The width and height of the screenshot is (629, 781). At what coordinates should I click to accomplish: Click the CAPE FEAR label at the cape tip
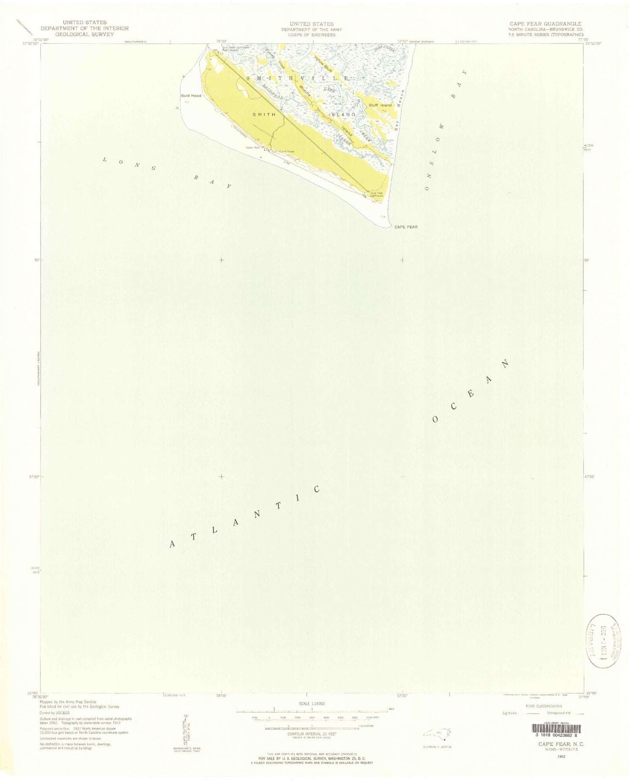point(406,227)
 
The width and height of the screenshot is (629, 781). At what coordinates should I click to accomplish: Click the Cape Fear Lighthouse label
point(377,194)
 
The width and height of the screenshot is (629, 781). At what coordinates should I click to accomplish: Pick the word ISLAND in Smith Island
point(345,114)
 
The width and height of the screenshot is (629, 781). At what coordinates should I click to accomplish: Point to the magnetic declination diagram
point(184,726)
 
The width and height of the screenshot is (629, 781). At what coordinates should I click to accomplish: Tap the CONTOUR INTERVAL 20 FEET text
point(312,734)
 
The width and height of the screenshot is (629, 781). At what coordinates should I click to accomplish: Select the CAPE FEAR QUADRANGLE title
point(547,24)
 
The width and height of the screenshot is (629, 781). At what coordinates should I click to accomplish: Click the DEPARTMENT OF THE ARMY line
point(312,30)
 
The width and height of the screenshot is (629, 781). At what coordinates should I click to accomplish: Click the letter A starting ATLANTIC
point(173,544)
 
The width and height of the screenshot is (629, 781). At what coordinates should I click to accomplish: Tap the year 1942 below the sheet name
point(559,756)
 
